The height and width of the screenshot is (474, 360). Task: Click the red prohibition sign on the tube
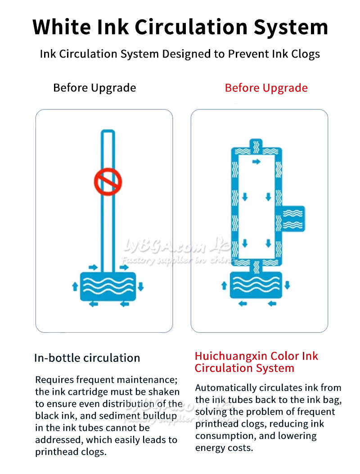[x=108, y=182]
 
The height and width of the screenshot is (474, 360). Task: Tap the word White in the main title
[x=62, y=27]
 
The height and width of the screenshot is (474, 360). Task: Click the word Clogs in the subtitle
[x=305, y=54]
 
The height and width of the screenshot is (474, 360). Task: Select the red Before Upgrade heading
[x=266, y=88]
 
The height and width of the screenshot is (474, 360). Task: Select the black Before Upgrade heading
[x=94, y=88]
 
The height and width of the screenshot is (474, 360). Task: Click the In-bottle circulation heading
[x=87, y=358]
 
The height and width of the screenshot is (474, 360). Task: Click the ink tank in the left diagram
[x=108, y=287]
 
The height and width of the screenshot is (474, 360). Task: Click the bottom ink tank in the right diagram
[x=256, y=285]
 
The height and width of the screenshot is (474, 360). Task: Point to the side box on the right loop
[x=293, y=219]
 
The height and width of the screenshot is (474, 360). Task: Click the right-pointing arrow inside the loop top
[x=256, y=162]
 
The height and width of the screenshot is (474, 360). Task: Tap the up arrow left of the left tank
[x=75, y=286]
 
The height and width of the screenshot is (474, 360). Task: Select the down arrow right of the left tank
[x=140, y=286]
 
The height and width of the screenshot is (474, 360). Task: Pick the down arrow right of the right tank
[x=287, y=285]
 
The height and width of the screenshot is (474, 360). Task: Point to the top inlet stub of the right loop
[x=256, y=144]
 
